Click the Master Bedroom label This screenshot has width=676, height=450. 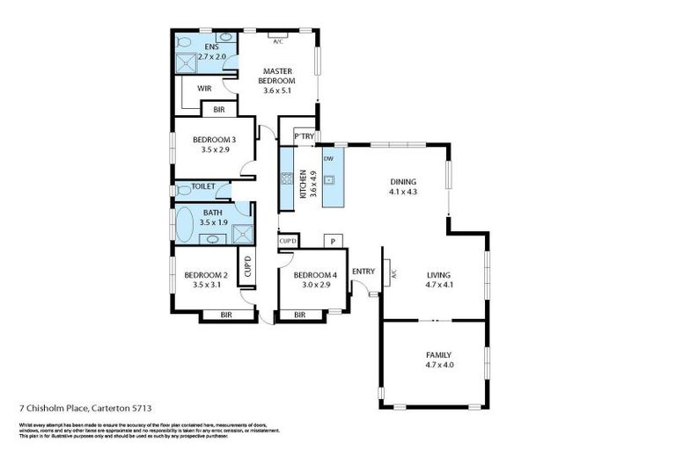click(276, 75)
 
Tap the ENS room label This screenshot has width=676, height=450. click(211, 47)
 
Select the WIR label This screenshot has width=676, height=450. click(204, 88)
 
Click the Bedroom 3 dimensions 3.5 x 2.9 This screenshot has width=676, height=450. click(214, 149)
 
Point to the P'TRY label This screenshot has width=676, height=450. click(304, 136)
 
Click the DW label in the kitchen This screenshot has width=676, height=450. click(327, 158)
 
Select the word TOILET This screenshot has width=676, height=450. click(203, 186)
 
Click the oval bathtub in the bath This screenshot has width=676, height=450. click(187, 225)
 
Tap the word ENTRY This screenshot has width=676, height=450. click(363, 272)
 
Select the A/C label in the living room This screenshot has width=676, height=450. click(393, 273)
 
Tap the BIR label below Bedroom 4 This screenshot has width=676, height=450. click(299, 315)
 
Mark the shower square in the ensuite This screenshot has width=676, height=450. click(187, 63)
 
